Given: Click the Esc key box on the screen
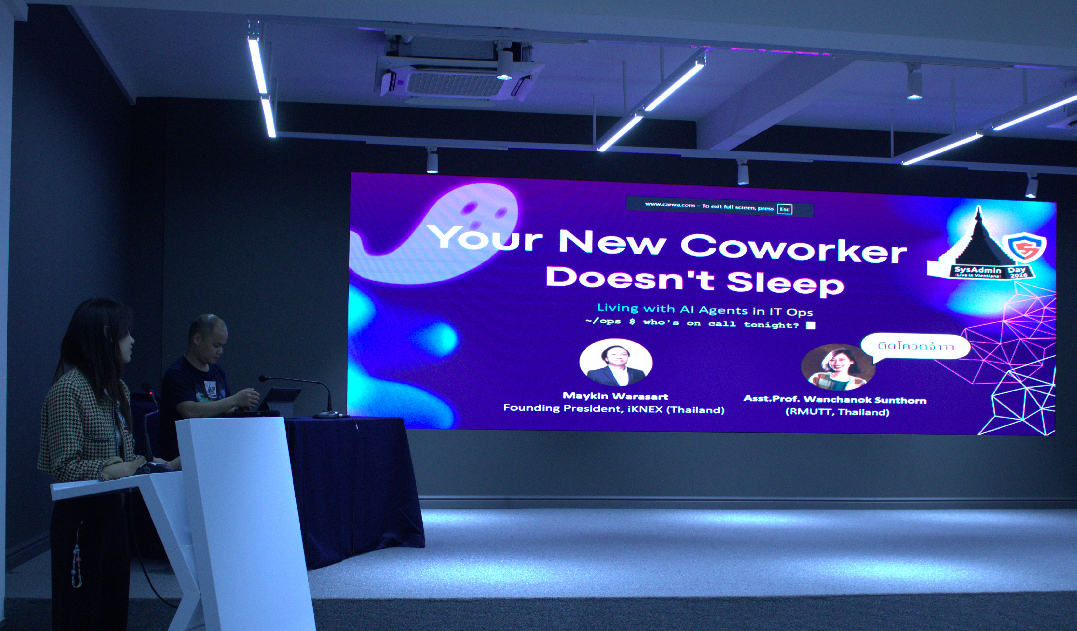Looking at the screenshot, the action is [x=785, y=209].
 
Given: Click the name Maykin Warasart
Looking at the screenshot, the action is [x=615, y=396].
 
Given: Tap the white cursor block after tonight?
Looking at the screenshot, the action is [x=810, y=325].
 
